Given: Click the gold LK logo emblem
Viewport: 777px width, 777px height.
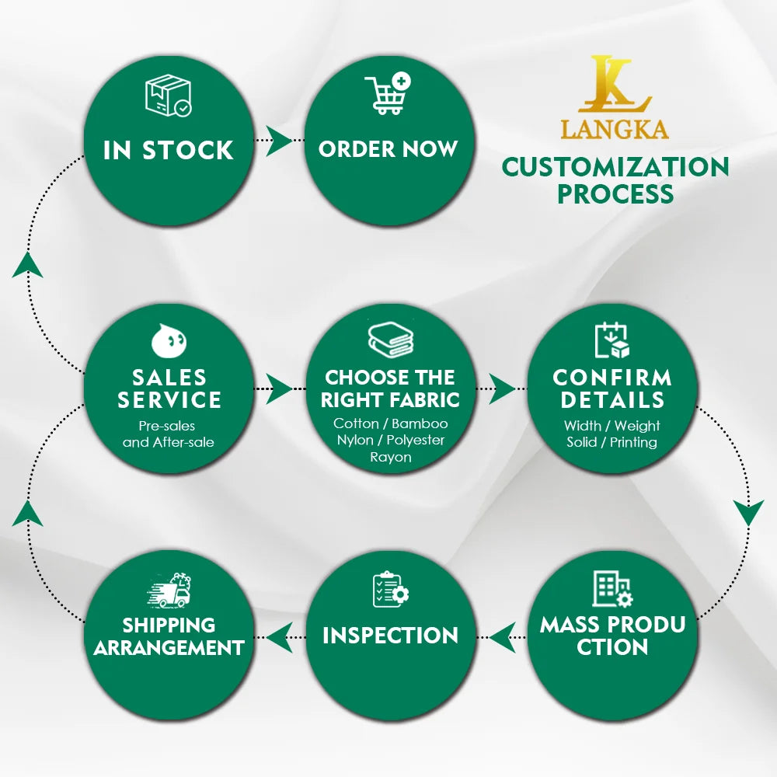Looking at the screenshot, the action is coord(615,84).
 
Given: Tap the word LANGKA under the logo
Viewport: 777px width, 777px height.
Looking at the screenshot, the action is coord(615,129).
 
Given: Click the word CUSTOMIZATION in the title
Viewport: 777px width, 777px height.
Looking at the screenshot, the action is coord(615,167).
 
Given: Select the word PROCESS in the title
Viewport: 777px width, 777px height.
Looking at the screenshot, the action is coord(615,193).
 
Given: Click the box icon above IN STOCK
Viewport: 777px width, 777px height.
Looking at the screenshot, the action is coord(169,96).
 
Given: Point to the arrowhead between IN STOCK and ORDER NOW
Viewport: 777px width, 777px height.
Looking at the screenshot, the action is coord(279,141).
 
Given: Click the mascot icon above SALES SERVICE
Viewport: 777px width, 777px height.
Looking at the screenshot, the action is coord(169,340).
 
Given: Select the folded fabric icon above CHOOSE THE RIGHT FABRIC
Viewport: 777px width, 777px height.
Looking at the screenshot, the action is coord(391,340).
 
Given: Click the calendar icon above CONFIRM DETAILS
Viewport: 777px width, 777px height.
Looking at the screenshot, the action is coord(612,340).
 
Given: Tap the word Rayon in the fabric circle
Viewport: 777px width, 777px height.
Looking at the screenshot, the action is coord(391,457).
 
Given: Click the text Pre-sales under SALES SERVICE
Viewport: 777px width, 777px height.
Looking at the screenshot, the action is coord(166,426).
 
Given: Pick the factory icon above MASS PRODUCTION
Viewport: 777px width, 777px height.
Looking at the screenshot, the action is coord(612,588).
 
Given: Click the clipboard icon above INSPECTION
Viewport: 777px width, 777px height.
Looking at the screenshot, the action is coord(391,589).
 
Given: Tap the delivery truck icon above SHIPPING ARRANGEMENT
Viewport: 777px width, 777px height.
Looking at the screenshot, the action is coord(169,591).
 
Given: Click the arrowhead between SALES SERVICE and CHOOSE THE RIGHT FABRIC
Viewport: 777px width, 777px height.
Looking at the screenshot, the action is coord(279,388).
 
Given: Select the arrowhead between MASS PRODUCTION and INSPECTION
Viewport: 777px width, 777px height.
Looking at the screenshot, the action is coord(502,637).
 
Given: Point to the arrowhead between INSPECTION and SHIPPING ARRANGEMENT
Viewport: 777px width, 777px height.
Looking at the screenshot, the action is coord(280,637).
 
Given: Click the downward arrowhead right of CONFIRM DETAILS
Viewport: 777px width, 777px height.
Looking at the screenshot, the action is coord(748,513).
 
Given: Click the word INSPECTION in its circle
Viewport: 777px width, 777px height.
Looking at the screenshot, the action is coord(391,636).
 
